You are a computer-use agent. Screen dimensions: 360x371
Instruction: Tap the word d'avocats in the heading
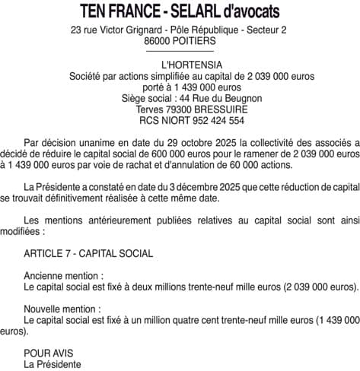tap(248, 12)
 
